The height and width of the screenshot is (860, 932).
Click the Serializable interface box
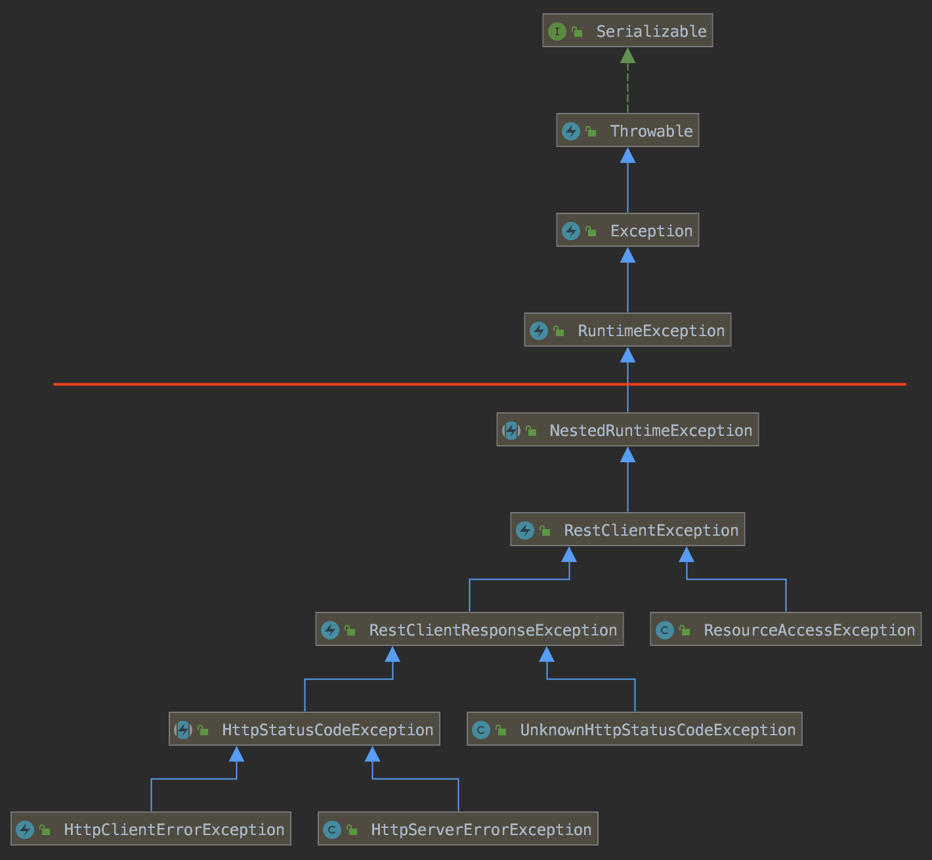[x=627, y=31]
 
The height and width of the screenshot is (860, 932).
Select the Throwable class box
[x=627, y=131]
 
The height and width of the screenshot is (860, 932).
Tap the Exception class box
[x=627, y=230]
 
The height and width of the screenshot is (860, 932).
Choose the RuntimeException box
[x=627, y=330]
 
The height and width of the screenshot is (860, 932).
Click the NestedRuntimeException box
[x=627, y=430]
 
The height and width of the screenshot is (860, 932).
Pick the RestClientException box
[x=627, y=530]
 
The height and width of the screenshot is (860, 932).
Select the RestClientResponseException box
[x=469, y=630]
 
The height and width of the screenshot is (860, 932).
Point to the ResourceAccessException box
[x=786, y=630]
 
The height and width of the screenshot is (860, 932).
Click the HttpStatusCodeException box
[x=305, y=729]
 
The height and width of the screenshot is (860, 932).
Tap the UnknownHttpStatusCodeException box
[x=635, y=729]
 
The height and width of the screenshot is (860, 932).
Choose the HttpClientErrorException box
[x=151, y=829]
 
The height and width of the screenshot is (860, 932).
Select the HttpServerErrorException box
[x=458, y=829]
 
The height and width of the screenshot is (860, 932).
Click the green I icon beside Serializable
[x=557, y=32]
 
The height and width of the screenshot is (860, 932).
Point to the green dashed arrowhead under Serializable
[x=627, y=56]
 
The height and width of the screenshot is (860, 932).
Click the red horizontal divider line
[x=328, y=384]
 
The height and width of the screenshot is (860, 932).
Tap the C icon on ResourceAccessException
[x=665, y=630]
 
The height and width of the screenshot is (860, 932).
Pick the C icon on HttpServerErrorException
[x=332, y=830]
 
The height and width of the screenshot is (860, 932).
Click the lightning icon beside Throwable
[x=570, y=131]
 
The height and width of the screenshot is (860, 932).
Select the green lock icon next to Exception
[x=591, y=231]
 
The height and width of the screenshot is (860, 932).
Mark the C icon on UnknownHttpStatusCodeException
[x=481, y=730]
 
